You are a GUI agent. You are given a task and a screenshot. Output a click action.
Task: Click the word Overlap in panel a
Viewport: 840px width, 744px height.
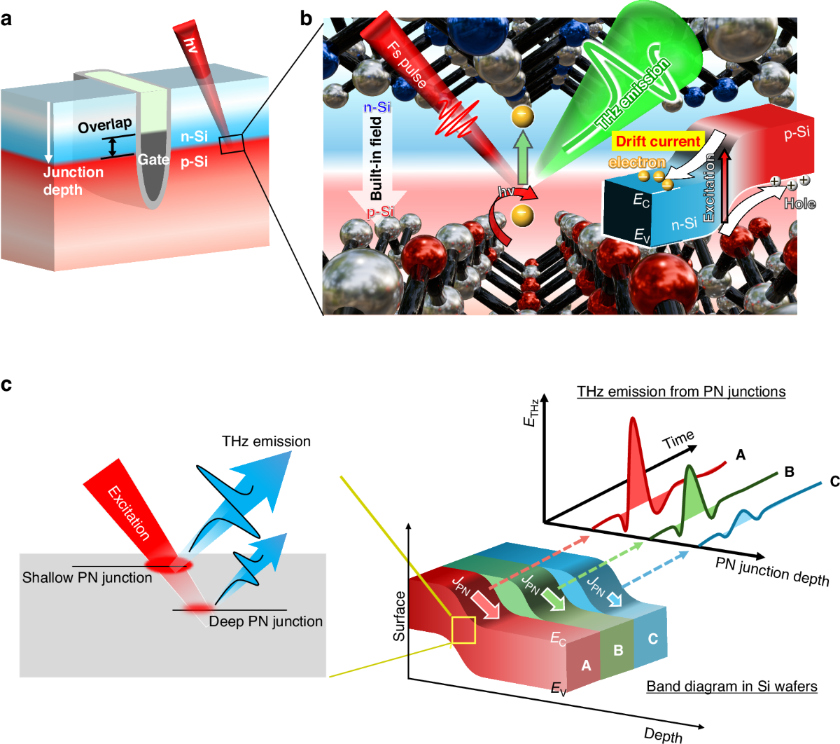pyautogui.click(x=104, y=125)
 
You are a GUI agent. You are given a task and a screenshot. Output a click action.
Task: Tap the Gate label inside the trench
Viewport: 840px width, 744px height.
pyautogui.click(x=153, y=160)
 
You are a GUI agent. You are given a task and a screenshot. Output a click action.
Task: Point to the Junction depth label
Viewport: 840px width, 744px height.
pyautogui.click(x=73, y=181)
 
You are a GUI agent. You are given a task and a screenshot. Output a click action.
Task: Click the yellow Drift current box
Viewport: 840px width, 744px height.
pyautogui.click(x=657, y=142)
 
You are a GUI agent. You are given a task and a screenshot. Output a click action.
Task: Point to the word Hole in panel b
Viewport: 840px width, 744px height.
pyautogui.click(x=799, y=204)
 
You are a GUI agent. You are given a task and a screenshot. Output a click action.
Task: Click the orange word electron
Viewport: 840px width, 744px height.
pyautogui.click(x=636, y=163)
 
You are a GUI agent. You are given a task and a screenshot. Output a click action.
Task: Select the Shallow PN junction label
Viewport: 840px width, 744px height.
pyautogui.click(x=87, y=578)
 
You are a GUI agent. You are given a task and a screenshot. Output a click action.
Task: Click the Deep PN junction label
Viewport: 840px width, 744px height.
pyautogui.click(x=265, y=621)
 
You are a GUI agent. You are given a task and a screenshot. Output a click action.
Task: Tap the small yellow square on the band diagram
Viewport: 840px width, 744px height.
pyautogui.click(x=463, y=630)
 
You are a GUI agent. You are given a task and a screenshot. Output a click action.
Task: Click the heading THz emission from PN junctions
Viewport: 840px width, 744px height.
pyautogui.click(x=680, y=392)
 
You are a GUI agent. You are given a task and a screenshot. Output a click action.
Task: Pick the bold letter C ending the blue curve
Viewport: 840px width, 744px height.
pyautogui.click(x=834, y=481)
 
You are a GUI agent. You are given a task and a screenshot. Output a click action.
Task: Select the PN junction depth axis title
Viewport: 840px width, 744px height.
pyautogui.click(x=772, y=572)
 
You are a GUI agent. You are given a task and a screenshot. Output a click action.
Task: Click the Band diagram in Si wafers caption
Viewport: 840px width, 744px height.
pyautogui.click(x=731, y=686)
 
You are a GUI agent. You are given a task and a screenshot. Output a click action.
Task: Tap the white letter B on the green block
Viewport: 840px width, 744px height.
pyautogui.click(x=618, y=650)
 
